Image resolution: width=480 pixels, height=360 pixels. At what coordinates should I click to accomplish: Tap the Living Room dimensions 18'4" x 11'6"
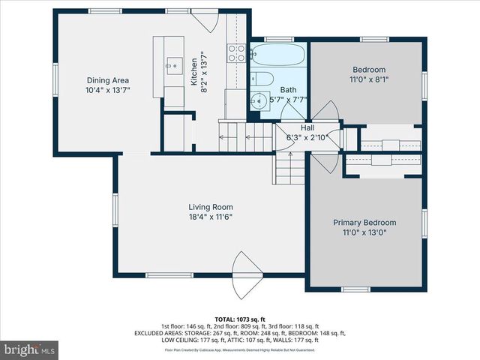click(x=211, y=217)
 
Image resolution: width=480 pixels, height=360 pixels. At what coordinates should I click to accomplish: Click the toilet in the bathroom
click(x=260, y=79)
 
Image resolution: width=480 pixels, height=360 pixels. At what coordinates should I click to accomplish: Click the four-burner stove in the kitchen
click(x=236, y=52)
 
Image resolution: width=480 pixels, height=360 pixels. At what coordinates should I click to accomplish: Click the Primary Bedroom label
click(x=364, y=223)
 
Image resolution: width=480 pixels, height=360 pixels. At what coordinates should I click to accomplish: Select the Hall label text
click(x=307, y=127)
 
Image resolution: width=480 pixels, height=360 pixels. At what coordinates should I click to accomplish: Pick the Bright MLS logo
click(x=30, y=349)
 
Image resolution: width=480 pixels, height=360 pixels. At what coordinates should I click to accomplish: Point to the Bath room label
click(x=289, y=89)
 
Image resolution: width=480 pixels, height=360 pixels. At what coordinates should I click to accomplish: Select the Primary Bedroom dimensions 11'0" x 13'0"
click(x=364, y=233)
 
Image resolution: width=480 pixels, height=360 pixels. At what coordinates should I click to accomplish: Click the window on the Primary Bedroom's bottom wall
click(x=355, y=289)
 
